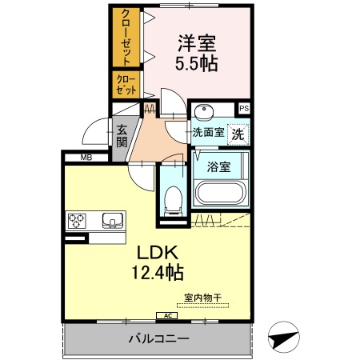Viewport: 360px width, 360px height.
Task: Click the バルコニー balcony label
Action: (158, 339)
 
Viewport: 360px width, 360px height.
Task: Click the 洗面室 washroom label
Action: (206, 134)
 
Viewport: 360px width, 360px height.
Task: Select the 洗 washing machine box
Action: (238, 134)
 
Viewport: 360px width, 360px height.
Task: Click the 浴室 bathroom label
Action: (220, 167)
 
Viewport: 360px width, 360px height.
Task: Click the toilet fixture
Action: (172, 201)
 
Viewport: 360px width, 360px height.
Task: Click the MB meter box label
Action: (86, 157)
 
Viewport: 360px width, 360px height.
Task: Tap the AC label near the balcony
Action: (169, 316)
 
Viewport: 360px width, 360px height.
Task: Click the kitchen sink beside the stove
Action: (110, 218)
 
